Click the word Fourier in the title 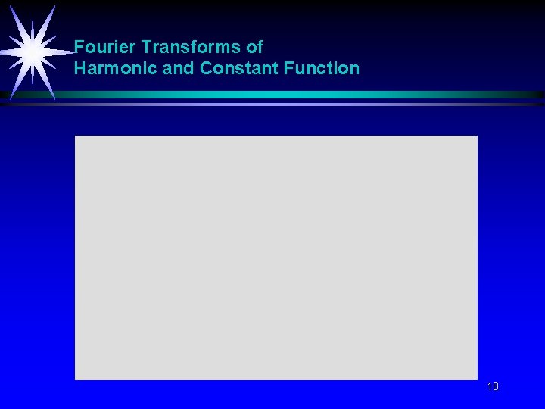105,47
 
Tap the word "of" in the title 254,47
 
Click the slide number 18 493,387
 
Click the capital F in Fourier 79,47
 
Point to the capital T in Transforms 146,47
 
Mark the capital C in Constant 207,68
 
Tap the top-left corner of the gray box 76,137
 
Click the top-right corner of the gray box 477,137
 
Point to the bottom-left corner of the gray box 76,379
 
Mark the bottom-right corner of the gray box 477,379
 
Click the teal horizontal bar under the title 303,95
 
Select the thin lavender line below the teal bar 303,104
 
